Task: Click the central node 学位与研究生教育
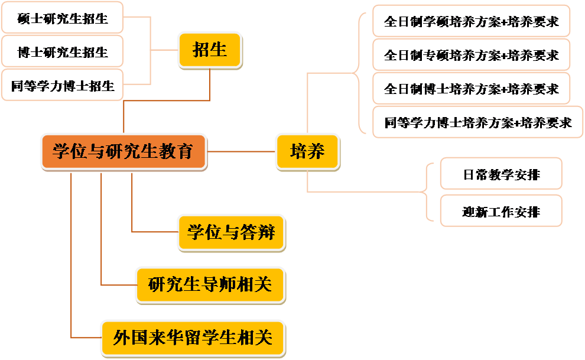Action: tap(123, 151)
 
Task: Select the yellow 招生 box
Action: tap(210, 50)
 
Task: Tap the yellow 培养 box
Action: tap(307, 151)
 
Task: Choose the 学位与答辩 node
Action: tap(231, 232)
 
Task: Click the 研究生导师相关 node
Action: tap(210, 285)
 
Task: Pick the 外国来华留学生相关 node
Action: tap(193, 338)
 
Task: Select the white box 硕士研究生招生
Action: tap(63, 18)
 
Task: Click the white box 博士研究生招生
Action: tap(63, 52)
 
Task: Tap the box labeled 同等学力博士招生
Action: tap(63, 86)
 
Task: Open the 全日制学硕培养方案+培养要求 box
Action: tap(471, 22)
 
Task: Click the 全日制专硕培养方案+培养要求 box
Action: tap(471, 55)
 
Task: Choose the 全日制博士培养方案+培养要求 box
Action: tap(471, 89)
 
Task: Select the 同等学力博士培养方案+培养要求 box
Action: tap(477, 122)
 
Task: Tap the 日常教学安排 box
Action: tap(501, 174)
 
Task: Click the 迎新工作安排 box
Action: tap(501, 211)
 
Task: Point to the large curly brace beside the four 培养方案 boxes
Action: tap(359, 73)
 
